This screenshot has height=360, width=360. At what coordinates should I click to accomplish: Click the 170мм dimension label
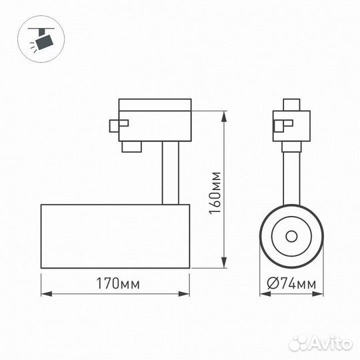pyautogui.click(x=118, y=283)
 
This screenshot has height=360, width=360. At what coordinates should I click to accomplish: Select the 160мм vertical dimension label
pyautogui.click(x=215, y=193)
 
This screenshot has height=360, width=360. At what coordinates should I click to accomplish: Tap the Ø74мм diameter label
pyautogui.click(x=291, y=283)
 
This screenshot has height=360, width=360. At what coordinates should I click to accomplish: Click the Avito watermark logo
pyautogui.click(x=320, y=343)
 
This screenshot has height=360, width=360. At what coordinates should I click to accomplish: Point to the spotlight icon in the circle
pyautogui.click(x=41, y=39)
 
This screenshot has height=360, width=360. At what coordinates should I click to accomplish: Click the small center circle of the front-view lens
pyautogui.click(x=291, y=236)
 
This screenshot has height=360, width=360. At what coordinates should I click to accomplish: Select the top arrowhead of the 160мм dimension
pyautogui.click(x=224, y=117)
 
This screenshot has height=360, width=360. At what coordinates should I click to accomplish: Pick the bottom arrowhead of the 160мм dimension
pyautogui.click(x=224, y=263)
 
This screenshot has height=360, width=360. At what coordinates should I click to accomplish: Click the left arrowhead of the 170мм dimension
pyautogui.click(x=47, y=294)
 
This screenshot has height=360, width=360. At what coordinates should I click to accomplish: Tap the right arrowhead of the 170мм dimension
pyautogui.click(x=184, y=294)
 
